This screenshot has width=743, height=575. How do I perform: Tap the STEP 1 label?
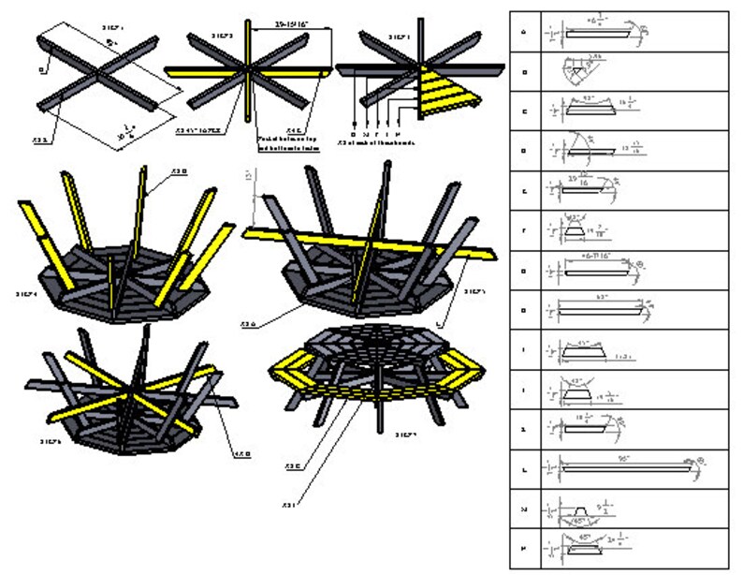pos(111,28)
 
